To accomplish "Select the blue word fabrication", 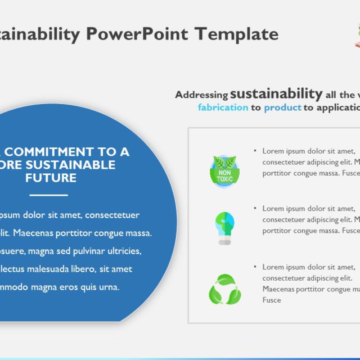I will pos(223,107).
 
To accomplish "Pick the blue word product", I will pos(282,107).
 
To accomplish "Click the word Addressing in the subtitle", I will pos(201,94).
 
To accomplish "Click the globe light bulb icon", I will pos(224,227).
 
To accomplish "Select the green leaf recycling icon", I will pos(225,289).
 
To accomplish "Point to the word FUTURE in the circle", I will pos(51,178).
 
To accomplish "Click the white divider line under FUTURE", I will pos(48,195).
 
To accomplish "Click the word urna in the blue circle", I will pos(107,287).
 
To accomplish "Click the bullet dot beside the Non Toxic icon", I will pos(255,151).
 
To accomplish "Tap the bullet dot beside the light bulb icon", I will pos(255,209).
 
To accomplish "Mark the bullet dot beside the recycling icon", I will pos(255,267).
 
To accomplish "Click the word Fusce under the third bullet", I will pos(272,300).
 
